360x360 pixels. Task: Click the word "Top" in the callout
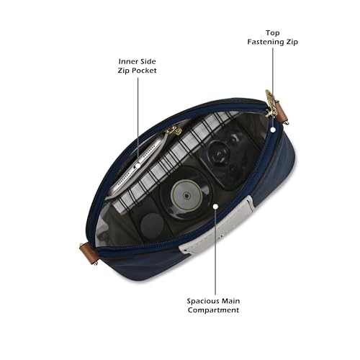coord(273,33)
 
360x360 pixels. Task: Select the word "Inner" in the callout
coord(127,61)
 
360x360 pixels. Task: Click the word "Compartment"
coord(213,310)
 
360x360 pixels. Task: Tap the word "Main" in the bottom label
coord(230,301)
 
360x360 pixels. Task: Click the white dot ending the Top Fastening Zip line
coord(273,130)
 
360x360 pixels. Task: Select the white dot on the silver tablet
coord(138,166)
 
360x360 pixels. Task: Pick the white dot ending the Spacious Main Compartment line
coord(215,207)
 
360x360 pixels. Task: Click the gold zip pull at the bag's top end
coord(271,103)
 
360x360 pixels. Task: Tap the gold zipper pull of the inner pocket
coord(174,130)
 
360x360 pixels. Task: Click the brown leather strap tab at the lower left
coord(89,253)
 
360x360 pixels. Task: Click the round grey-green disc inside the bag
coord(186,195)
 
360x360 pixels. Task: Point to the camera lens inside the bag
coord(218,153)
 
